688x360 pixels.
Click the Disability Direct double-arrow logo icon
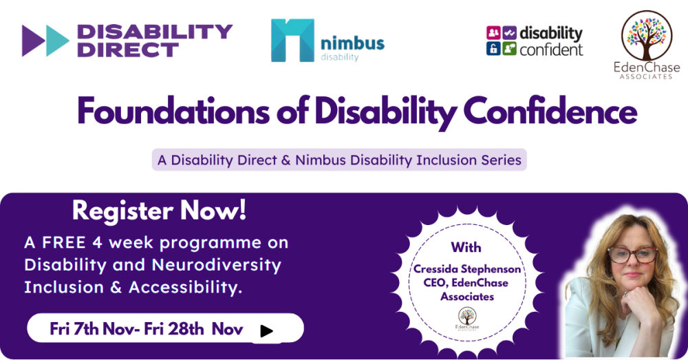coord(45,41)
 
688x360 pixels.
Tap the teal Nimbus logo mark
coord(292,40)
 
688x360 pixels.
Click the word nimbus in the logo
coord(352,43)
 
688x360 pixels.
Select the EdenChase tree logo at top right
coord(647,36)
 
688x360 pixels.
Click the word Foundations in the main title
coord(173,112)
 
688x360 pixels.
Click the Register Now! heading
coord(160,211)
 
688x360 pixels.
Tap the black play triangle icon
coord(266,331)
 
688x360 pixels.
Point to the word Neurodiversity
coord(216,266)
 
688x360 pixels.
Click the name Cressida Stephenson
coord(467,268)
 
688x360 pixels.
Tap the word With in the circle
coord(466,248)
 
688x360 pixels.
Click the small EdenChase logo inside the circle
coord(467,319)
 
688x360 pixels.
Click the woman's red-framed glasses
coord(632,255)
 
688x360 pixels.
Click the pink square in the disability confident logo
coord(493,33)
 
